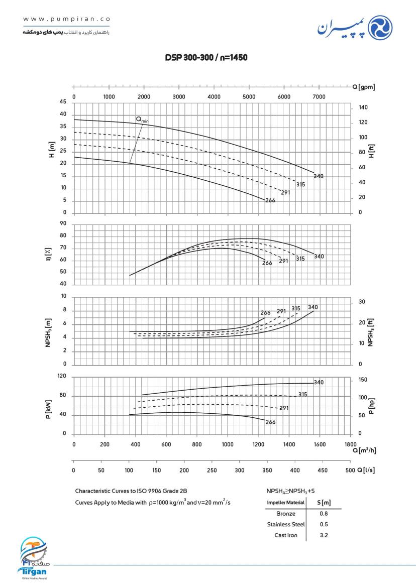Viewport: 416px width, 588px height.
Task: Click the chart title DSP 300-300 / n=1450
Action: click(x=206, y=58)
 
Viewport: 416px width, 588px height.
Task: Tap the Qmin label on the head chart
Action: click(x=142, y=120)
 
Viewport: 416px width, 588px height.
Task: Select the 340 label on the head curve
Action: click(x=319, y=176)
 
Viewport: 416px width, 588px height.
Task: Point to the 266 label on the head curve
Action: click(x=270, y=200)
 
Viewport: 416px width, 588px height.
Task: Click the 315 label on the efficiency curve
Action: click(x=300, y=259)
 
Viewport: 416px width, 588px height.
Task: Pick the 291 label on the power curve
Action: click(x=284, y=408)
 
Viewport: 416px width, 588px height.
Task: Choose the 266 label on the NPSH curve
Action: click(x=265, y=313)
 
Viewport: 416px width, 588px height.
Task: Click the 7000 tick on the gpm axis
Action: click(x=319, y=97)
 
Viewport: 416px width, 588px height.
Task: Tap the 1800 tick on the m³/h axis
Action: click(x=351, y=444)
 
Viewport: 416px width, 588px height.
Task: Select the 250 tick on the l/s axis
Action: click(x=212, y=470)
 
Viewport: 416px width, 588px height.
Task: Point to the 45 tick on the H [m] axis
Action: click(x=63, y=102)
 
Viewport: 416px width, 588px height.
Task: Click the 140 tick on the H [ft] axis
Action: click(x=363, y=107)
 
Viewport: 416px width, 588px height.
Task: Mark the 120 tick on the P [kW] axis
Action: click(x=62, y=377)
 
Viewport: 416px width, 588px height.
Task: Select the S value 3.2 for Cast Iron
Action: click(x=324, y=535)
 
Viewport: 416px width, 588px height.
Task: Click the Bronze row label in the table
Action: click(x=286, y=514)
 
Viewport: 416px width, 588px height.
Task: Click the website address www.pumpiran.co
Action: click(x=66, y=19)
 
